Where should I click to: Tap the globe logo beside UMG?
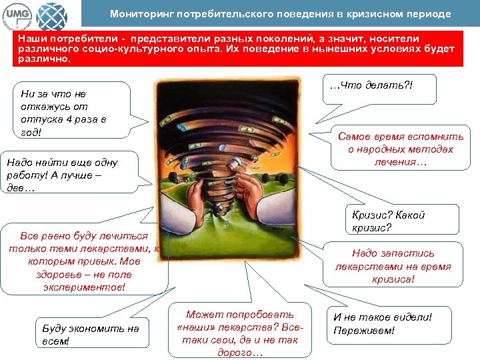(x=51, y=13)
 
